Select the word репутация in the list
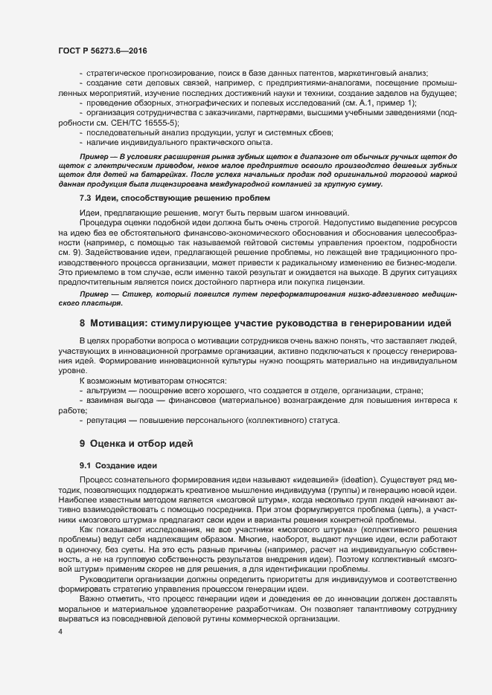pos(106,420)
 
